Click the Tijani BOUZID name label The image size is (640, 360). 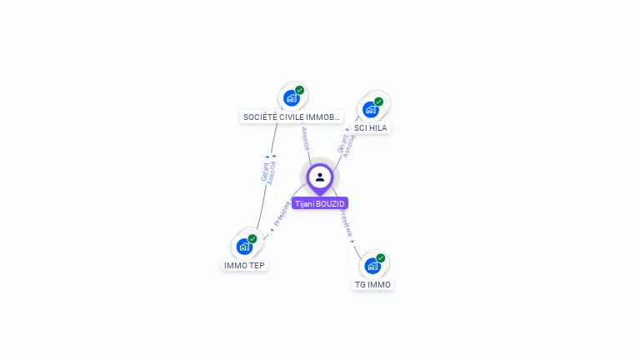point(320,203)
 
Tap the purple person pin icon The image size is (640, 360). point(320,177)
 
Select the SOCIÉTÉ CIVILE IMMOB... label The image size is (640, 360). point(292,117)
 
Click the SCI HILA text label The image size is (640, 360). point(371,128)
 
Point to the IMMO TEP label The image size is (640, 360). point(245,265)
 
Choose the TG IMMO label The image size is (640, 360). point(372,284)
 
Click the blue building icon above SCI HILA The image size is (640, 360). point(370,109)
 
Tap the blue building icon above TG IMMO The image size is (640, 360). point(372,266)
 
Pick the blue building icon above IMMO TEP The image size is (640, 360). point(244,247)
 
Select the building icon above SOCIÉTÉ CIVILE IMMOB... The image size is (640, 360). point(291,98)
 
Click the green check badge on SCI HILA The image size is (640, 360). point(379,102)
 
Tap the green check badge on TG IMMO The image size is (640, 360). point(381,258)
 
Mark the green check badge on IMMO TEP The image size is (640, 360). point(252,239)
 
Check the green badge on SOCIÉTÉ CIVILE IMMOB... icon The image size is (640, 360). point(300,91)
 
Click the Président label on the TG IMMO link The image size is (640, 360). point(347,224)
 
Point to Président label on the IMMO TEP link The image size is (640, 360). point(282,214)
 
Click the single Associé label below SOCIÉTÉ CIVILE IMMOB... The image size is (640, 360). point(305,138)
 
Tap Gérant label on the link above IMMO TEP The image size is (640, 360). point(264,170)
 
